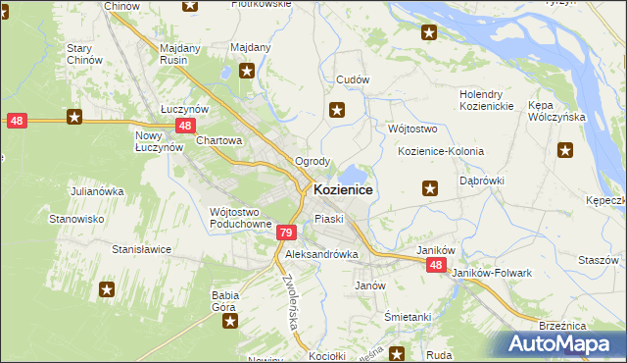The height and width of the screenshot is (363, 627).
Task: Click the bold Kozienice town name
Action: (342, 189)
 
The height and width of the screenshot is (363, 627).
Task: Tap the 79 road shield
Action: (285, 233)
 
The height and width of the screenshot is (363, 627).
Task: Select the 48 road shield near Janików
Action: (436, 266)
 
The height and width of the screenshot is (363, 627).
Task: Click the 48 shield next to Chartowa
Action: (185, 126)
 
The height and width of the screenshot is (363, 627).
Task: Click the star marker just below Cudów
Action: (338, 110)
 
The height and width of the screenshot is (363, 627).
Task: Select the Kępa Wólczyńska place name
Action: (556, 110)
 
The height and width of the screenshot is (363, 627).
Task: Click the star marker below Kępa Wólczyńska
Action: (565, 150)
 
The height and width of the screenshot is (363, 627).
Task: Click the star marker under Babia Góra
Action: (228, 321)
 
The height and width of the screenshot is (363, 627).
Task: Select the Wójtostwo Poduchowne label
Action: (240, 218)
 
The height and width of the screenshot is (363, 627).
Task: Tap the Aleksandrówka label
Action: (322, 254)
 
